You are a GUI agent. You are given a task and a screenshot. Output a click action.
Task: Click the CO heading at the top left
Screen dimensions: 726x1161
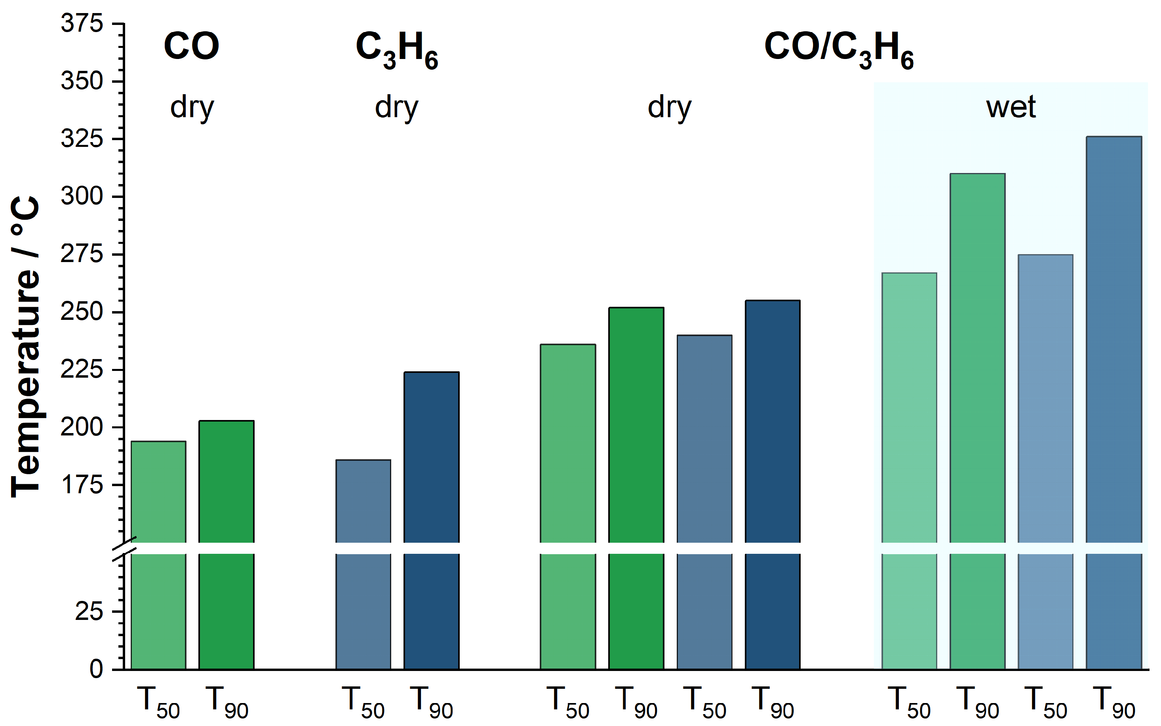click(x=191, y=47)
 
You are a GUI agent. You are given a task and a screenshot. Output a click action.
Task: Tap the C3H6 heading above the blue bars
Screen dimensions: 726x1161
click(x=397, y=49)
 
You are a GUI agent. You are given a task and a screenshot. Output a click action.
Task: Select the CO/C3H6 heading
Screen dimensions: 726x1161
click(x=838, y=49)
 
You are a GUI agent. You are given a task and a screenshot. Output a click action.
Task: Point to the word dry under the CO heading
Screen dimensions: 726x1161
click(x=192, y=108)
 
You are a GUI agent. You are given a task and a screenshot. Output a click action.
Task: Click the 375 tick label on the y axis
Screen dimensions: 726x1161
click(x=82, y=23)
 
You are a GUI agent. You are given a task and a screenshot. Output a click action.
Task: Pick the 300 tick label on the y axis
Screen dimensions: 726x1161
click(x=82, y=196)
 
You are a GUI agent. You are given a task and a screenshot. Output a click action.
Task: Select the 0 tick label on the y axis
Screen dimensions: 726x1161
click(x=96, y=669)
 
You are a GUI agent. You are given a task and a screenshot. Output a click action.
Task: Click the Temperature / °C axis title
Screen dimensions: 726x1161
click(x=25, y=346)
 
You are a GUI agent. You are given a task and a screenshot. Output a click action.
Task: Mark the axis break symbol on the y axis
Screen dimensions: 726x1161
click(x=125, y=548)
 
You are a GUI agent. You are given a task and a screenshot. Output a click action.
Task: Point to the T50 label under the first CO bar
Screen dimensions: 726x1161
click(x=158, y=702)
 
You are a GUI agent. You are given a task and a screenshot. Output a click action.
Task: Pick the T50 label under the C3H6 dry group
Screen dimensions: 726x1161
click(x=363, y=702)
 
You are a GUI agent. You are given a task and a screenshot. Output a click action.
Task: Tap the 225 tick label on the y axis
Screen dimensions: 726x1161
click(x=82, y=370)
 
